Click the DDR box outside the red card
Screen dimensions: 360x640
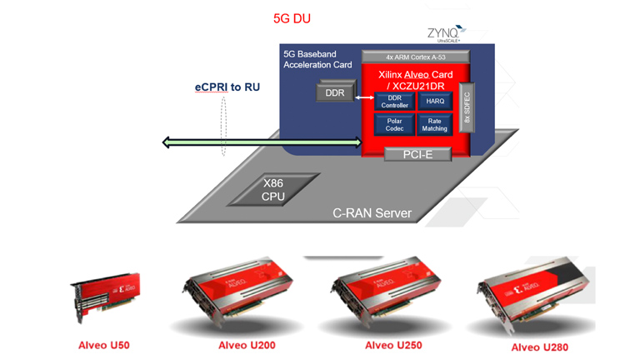[334, 92]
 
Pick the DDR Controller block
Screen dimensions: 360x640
[394, 101]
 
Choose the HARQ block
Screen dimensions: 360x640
[434, 101]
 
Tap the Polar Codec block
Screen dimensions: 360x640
[394, 124]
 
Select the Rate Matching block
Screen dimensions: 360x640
[434, 124]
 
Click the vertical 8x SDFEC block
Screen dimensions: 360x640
[466, 107]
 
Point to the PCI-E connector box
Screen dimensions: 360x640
[417, 153]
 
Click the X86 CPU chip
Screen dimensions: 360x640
[273, 189]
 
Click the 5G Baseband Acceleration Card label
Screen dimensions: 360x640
[317, 59]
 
